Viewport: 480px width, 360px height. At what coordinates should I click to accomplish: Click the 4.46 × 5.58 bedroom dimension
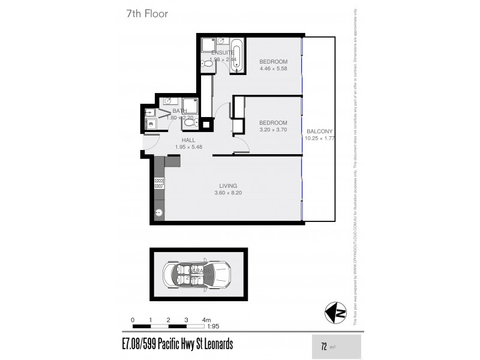273,68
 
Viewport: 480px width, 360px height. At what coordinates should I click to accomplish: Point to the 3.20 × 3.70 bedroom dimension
273,130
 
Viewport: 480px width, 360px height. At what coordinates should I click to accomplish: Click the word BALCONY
319,132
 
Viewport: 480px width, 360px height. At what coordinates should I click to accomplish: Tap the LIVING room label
228,186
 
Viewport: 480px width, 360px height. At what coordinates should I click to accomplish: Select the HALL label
189,140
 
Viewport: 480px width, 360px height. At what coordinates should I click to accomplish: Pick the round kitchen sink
160,212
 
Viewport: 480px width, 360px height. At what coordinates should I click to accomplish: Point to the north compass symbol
335,313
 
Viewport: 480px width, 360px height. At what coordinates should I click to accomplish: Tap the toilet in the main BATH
190,122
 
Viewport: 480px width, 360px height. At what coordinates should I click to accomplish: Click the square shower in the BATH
190,106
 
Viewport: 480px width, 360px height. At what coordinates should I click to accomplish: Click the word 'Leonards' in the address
214,344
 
